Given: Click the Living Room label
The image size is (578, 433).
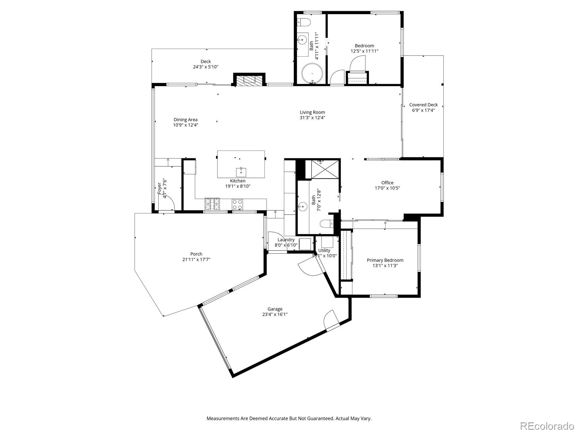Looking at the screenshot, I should pos(312,112).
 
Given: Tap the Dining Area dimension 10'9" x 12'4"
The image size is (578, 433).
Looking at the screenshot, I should pos(185,125).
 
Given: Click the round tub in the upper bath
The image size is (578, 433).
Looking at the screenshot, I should pos(312,74).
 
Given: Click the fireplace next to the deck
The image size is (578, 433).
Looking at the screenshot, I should pos(249,79).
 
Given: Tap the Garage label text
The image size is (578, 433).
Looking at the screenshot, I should pos(275,309).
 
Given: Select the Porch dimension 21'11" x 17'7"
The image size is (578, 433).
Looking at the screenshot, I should pos(196,259).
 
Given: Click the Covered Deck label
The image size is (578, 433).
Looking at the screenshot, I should pos(423,105).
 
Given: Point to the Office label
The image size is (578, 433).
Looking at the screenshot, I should pos(387,183).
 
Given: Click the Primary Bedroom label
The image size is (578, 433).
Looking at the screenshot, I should pos(385,260).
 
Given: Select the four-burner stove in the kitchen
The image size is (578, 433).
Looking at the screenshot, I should pos(212,204).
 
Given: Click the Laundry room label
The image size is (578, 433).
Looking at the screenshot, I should pos(286,240).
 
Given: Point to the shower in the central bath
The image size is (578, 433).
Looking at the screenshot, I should pos(322,169).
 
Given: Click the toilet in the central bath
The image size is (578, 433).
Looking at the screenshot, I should pos(328,224).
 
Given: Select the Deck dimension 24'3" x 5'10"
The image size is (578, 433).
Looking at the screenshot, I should pos(206,67).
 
